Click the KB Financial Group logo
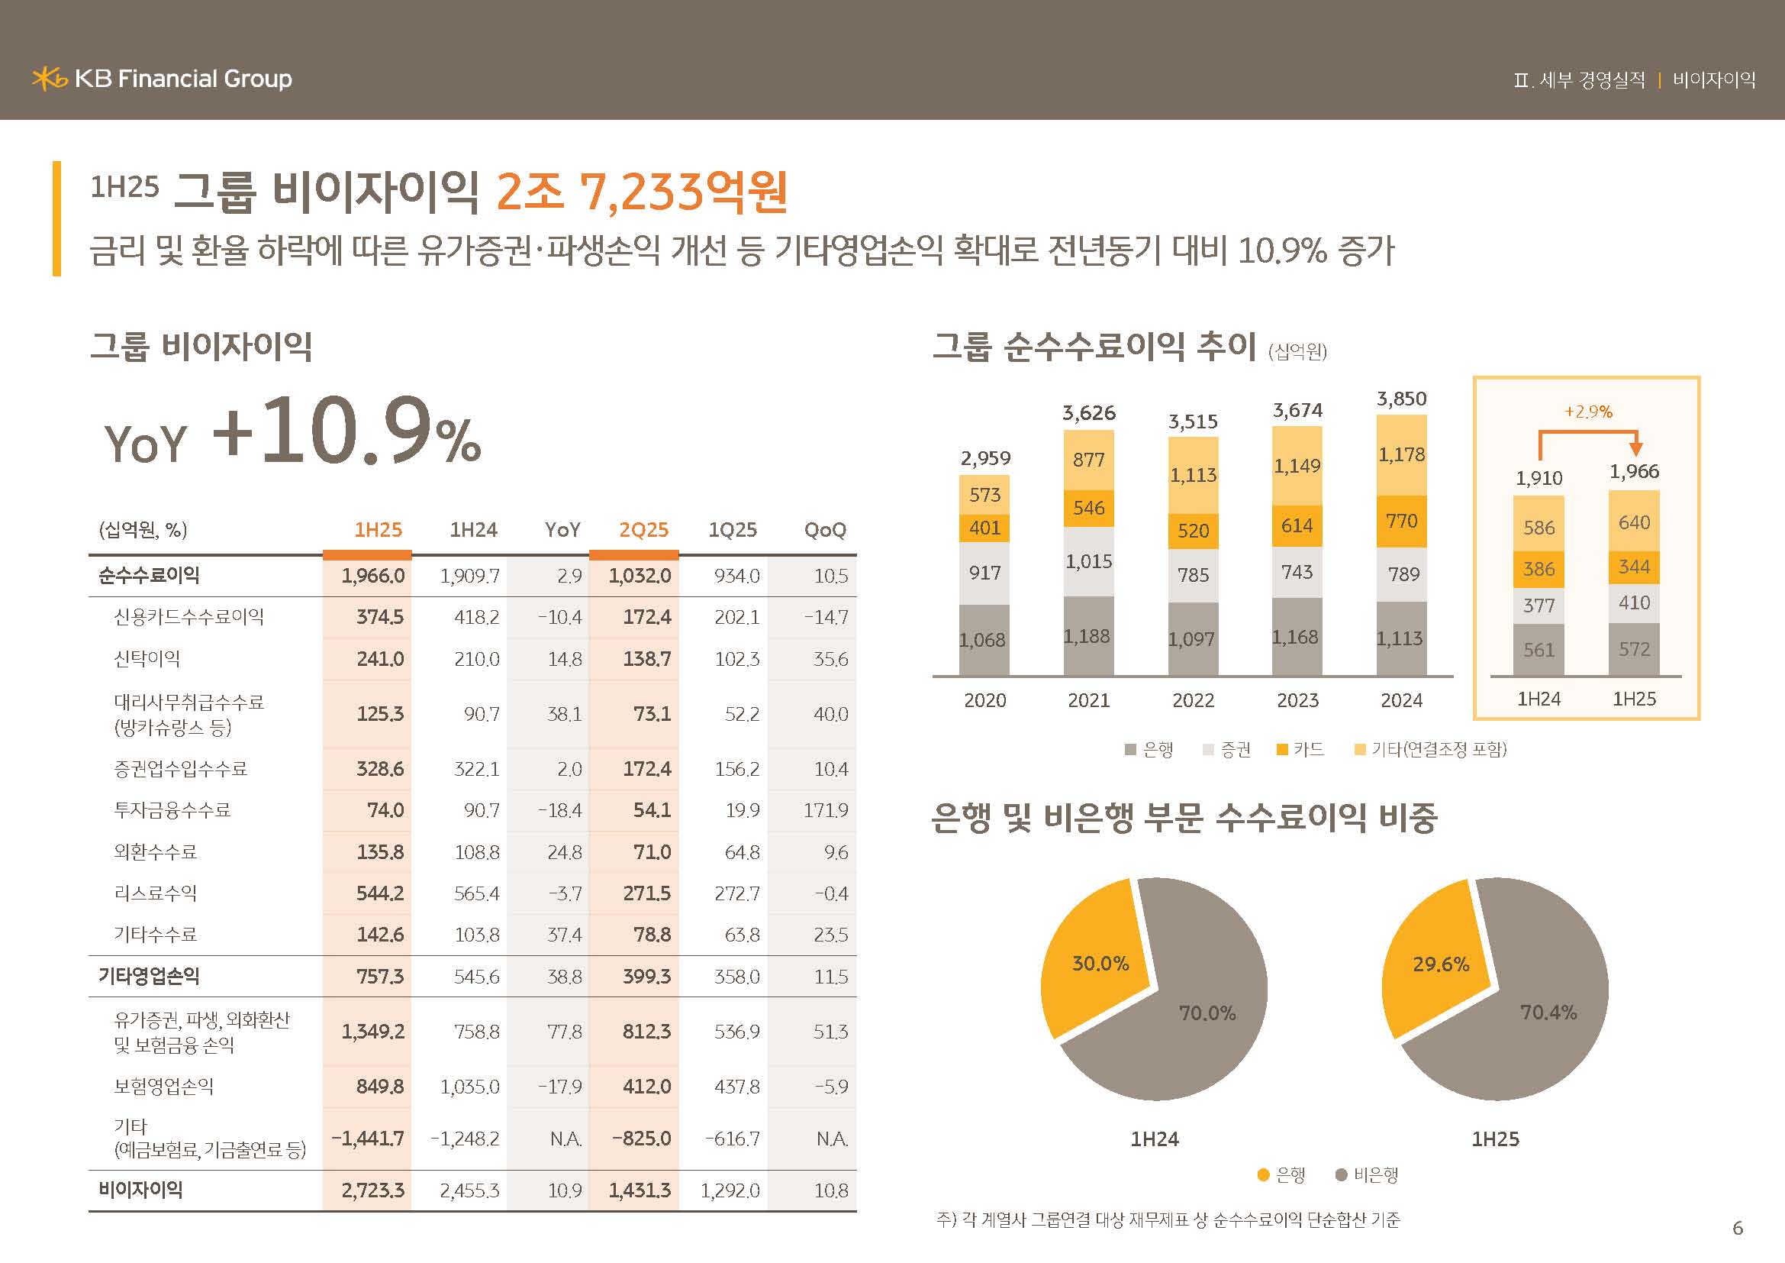coord(162,79)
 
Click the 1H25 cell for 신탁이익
coord(379,659)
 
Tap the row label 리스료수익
coord(156,893)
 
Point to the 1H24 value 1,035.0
coord(469,1087)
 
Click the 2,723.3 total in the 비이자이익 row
coord(372,1190)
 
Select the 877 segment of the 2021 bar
coord(1088,460)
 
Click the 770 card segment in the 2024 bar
coord(1401,520)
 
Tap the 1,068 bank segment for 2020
coord(984,640)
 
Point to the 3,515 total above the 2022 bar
coord(1193,422)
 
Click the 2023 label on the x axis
coord(1297,700)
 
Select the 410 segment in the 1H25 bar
coord(1633,602)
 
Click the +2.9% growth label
coord(1587,412)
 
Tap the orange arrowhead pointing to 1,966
coord(1635,449)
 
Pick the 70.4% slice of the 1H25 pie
coord(1547,1012)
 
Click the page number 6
coord(1738,1228)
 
